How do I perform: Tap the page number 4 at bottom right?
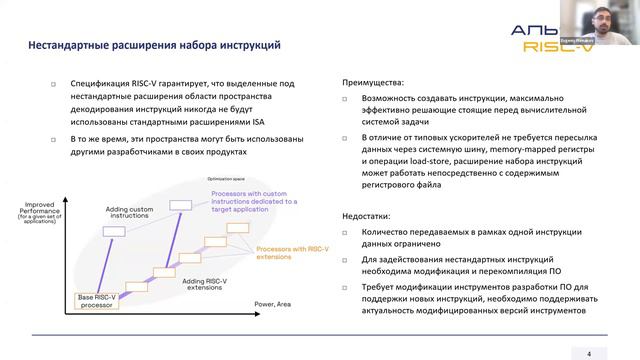pyautogui.click(x=589, y=352)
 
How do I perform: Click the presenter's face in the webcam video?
pyautogui.click(x=612, y=14)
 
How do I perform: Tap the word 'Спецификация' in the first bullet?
pyautogui.click(x=96, y=85)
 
